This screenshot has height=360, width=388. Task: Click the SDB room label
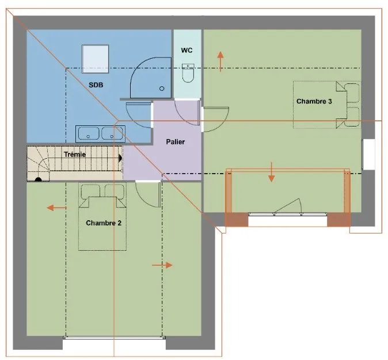pos(96,85)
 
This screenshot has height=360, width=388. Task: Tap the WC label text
pos(187,50)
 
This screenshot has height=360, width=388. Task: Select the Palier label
pos(176,142)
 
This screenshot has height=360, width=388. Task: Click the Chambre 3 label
pos(314,101)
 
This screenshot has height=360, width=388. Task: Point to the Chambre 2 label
pos(104,223)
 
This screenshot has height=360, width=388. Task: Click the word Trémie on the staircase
pos(75,155)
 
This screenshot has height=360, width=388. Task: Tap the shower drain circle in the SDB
pos(162,88)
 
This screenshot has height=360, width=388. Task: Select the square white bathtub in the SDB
pos(95,59)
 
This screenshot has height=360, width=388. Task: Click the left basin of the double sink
pos(89,133)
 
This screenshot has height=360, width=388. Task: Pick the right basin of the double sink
pos(112,133)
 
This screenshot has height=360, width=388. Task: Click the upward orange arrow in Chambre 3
pos(220,62)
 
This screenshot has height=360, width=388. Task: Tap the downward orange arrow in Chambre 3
pos(272,172)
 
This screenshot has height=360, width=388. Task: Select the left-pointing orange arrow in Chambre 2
pos(56,208)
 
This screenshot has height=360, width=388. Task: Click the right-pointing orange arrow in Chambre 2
pos(162,265)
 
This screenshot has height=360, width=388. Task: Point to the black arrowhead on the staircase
pos(120,158)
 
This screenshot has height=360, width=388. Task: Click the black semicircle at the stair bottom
pos(38,179)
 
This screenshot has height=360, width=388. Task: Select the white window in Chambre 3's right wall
pos(368,155)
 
